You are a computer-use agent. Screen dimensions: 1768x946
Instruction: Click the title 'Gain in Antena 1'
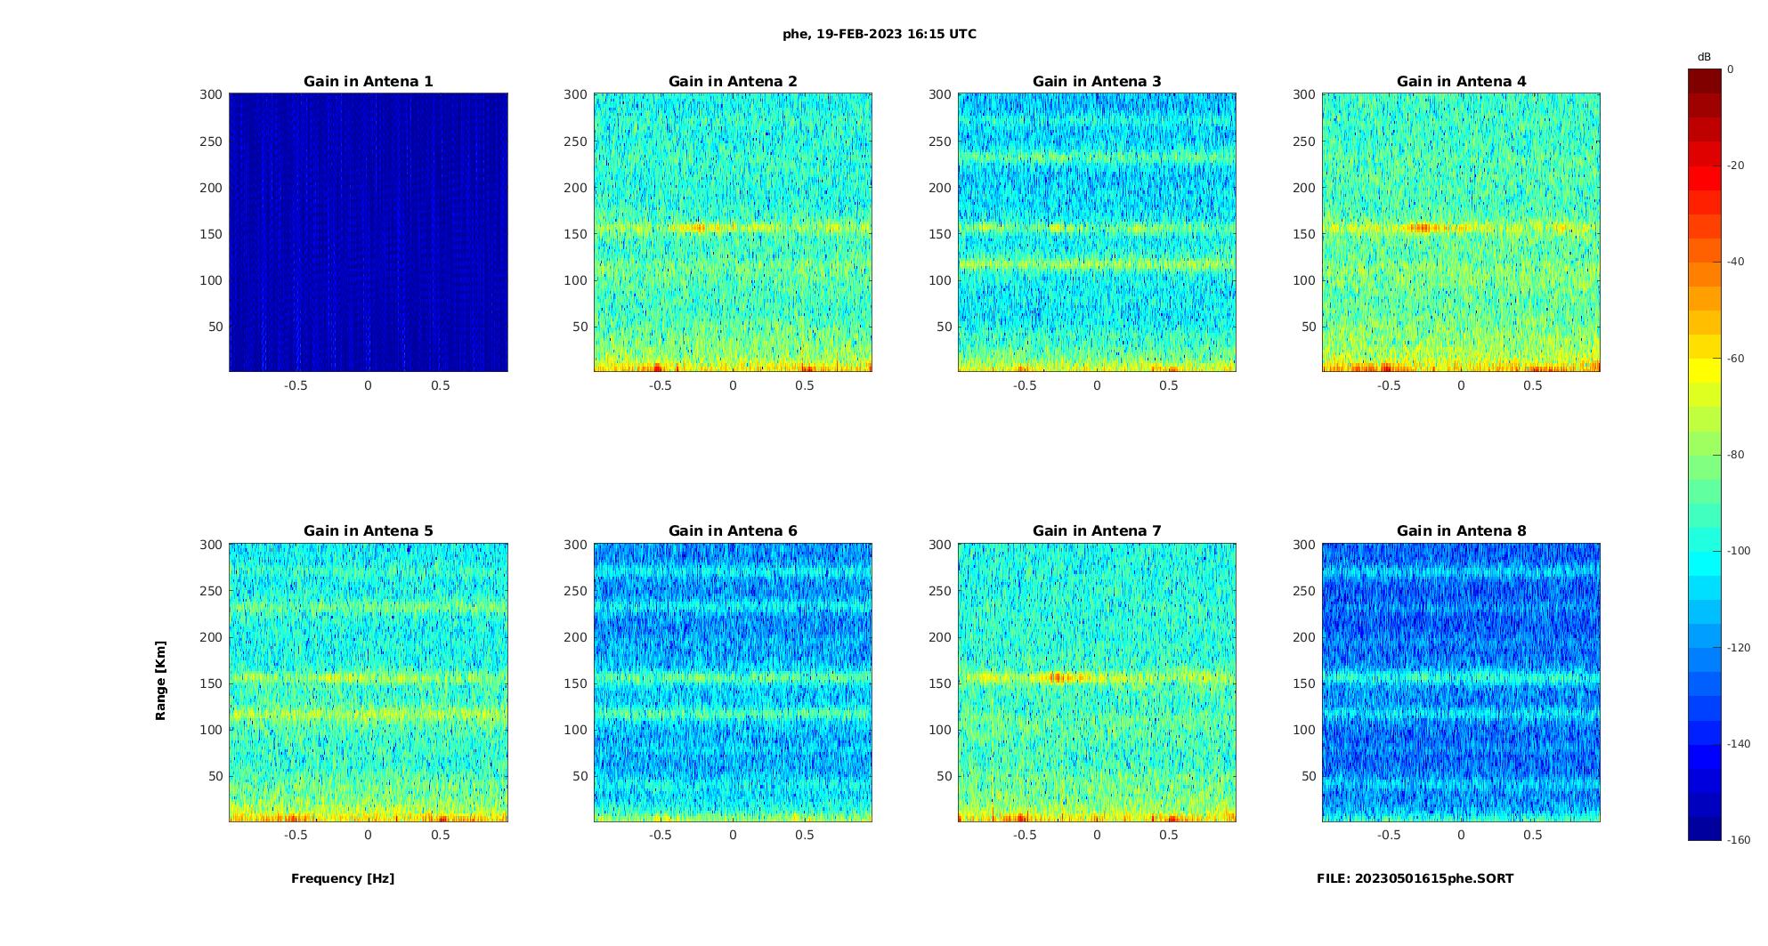[368, 82]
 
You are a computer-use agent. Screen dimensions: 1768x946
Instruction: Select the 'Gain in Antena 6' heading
[733, 531]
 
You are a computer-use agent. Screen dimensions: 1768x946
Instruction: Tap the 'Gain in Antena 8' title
[1461, 531]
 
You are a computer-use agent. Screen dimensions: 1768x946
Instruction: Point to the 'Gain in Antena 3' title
[1097, 82]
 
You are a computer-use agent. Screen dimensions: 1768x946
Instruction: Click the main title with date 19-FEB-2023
[880, 35]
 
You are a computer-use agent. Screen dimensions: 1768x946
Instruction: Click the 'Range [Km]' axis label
[161, 680]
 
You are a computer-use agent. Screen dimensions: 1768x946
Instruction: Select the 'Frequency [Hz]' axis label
[343, 878]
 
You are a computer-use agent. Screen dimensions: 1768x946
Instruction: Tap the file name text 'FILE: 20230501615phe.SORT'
[1415, 878]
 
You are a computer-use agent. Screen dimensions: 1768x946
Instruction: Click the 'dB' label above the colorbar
[1704, 57]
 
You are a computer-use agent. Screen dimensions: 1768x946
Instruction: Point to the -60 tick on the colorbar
[1736, 359]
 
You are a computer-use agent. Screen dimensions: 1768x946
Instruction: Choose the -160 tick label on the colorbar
[1739, 840]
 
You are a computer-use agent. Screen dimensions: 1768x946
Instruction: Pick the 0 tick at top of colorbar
[1731, 69]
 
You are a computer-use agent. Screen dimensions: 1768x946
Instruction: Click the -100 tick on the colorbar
[1739, 551]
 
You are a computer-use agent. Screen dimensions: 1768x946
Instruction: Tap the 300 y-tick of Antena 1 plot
[211, 94]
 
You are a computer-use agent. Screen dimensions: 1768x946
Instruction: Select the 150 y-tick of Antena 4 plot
[1304, 234]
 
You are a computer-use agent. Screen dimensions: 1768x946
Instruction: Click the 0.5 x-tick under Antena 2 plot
[805, 385]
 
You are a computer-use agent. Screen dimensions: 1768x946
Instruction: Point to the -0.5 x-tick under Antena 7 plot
[1025, 835]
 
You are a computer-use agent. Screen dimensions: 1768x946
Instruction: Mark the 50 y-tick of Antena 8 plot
[1309, 776]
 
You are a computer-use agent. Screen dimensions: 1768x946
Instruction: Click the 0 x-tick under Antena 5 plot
[368, 835]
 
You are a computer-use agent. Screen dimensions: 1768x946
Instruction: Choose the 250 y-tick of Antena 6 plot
[576, 591]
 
